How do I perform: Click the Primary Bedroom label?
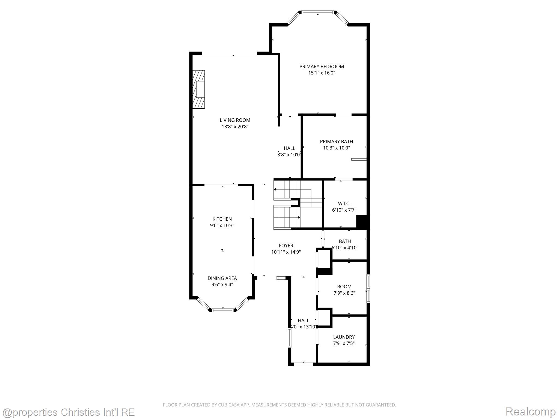[x=322, y=67]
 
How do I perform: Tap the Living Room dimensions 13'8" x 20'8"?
[x=235, y=127]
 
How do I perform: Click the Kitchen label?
[x=222, y=219]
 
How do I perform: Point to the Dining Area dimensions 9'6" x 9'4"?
[x=222, y=285]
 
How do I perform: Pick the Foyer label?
[x=286, y=246]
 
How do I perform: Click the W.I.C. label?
[x=344, y=203]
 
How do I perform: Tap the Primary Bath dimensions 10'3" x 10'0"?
[x=336, y=148]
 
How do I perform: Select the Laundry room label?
[x=344, y=337]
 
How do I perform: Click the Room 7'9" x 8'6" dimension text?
[x=344, y=293]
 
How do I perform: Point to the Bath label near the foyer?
[x=345, y=241]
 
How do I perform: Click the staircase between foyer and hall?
[x=298, y=204]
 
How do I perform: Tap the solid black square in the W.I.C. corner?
[x=362, y=222]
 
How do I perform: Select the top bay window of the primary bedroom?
[x=318, y=12]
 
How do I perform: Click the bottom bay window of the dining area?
[x=223, y=310]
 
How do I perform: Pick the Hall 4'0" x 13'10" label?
[x=304, y=321]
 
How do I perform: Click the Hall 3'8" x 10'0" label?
[x=289, y=148]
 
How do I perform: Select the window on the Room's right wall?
[x=368, y=289]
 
